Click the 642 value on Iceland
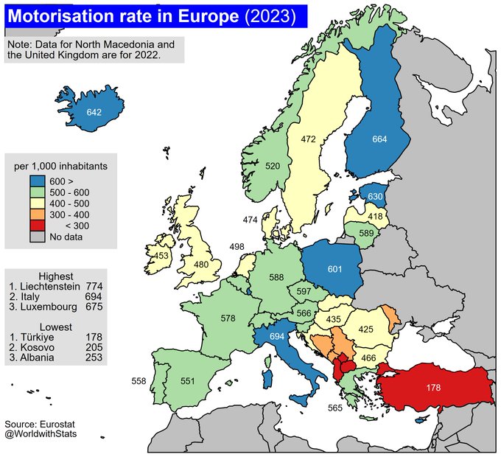(x=94, y=112)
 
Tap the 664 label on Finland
(x=379, y=139)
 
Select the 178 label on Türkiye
(x=433, y=387)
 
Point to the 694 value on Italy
(x=277, y=336)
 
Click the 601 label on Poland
(x=334, y=268)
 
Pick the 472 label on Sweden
(x=308, y=138)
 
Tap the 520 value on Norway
(x=273, y=166)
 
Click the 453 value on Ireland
(x=160, y=255)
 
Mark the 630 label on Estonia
(x=375, y=196)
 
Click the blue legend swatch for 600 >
(x=38, y=181)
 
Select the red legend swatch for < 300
(x=38, y=226)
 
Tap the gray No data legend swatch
(x=38, y=237)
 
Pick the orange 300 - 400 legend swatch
(x=38, y=214)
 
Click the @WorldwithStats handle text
(x=41, y=434)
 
